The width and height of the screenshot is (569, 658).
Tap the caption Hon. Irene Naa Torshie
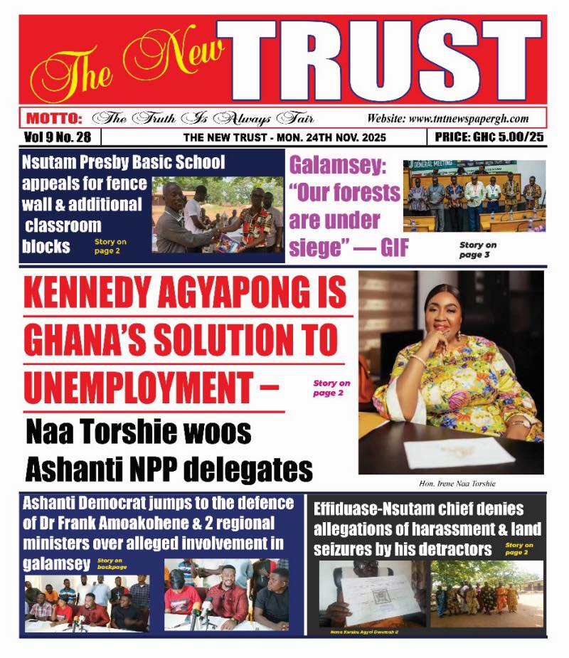pyautogui.click(x=451, y=484)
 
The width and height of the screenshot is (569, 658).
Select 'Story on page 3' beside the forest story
pyautogui.click(x=477, y=250)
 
